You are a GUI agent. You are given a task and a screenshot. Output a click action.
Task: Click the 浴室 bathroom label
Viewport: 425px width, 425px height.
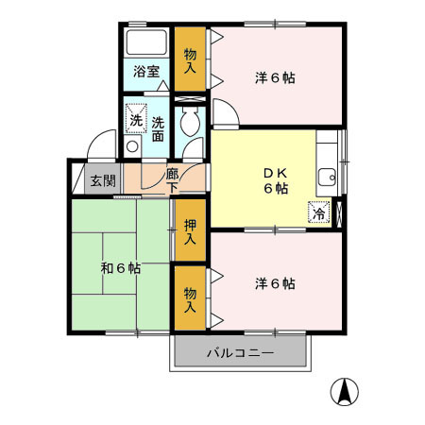point(145,71)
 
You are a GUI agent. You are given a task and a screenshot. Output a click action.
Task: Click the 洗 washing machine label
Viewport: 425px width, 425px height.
point(136,120)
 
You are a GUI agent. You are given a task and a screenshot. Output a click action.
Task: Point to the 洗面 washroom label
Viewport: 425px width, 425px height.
point(158,128)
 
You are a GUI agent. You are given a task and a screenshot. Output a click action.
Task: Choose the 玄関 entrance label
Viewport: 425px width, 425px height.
point(102,180)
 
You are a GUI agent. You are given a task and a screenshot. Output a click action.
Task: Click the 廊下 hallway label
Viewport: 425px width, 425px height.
point(172,179)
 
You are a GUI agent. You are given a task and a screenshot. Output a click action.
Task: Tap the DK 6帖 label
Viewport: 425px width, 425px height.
point(276,179)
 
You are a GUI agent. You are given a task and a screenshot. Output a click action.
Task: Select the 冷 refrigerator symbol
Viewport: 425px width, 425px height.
point(319,213)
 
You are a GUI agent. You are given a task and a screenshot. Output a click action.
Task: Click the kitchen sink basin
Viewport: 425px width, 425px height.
point(327,176)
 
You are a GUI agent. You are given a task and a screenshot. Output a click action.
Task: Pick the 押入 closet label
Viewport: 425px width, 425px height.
point(190,231)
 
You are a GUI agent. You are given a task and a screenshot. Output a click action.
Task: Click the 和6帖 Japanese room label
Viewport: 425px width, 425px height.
point(121,267)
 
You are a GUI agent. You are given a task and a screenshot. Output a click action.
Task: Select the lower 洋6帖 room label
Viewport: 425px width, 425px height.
point(276,283)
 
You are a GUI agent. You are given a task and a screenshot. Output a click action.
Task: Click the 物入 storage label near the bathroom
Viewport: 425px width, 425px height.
point(190,60)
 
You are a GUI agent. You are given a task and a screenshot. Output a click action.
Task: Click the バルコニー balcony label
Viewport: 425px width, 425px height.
point(240,353)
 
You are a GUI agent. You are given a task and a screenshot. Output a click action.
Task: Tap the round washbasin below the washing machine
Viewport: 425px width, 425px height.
point(133,146)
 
